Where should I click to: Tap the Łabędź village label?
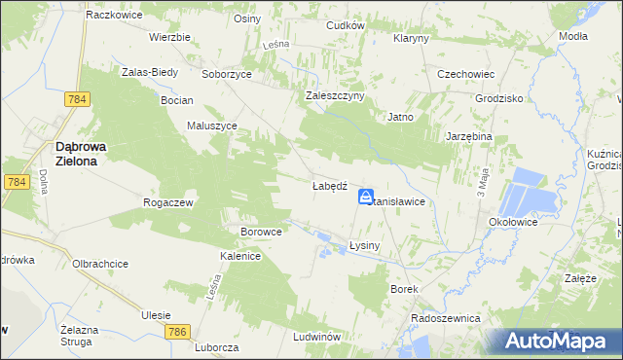point(330,186)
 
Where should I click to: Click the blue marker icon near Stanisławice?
point(366,197)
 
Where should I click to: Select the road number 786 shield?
point(176,333)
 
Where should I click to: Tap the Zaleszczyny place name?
point(335,95)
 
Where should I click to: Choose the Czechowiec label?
point(467,74)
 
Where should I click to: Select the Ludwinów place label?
point(315,337)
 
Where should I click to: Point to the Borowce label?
point(261,233)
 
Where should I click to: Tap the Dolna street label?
point(44,181)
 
